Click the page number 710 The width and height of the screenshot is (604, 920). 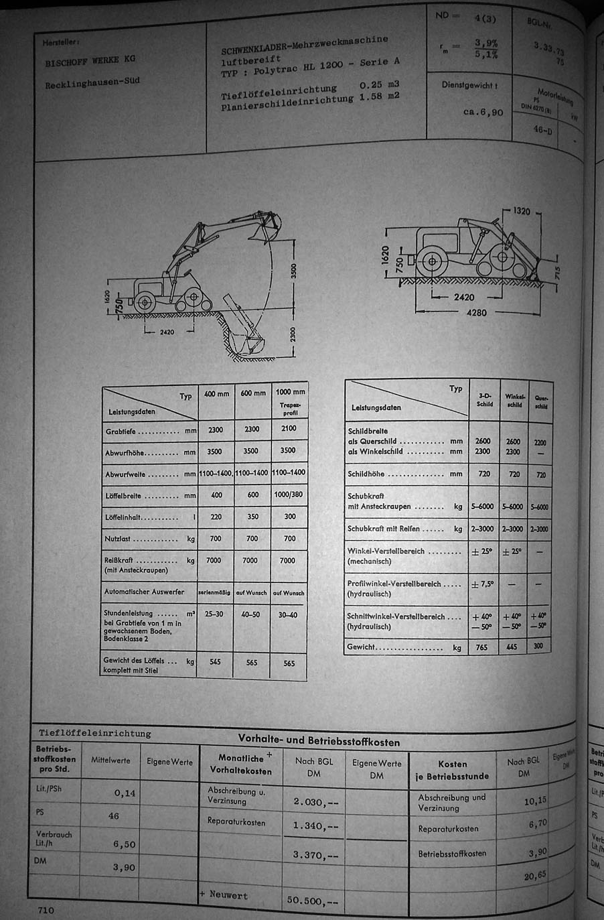tap(46, 910)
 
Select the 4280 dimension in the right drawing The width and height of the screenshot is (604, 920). tap(477, 312)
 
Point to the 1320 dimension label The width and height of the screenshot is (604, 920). tap(521, 211)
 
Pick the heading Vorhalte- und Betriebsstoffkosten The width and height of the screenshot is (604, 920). tap(319, 741)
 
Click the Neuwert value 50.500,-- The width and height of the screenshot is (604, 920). tap(313, 900)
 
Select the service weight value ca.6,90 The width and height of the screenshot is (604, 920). tap(483, 113)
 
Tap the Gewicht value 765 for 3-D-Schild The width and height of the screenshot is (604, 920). tap(481, 647)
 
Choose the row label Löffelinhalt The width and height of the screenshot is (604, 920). tap(132, 517)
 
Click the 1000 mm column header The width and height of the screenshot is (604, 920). tap(290, 392)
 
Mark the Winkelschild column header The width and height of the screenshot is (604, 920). tap(514, 400)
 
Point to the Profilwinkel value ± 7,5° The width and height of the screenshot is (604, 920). tap(482, 584)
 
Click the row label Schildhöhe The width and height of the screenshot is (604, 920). tap(366, 474)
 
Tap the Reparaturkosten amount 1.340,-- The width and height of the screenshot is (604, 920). tap(315, 826)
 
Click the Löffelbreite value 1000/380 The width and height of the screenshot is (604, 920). tap(290, 496)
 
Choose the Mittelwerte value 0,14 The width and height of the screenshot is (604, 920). tap(125, 793)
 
